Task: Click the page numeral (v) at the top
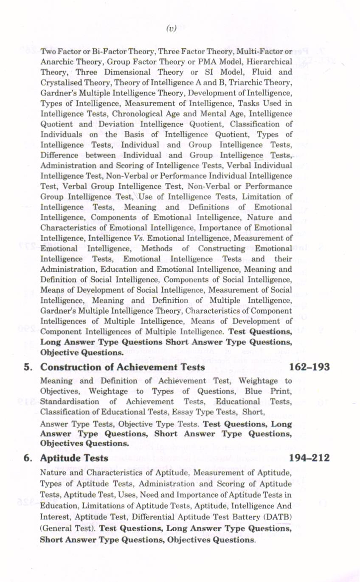point(171,28)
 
